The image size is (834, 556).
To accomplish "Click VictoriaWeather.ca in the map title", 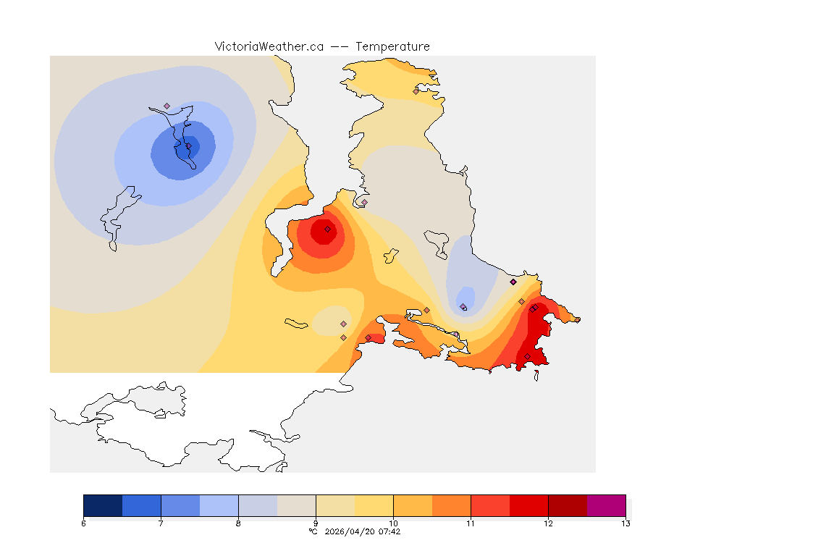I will (269, 46).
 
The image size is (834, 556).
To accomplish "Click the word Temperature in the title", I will (392, 46).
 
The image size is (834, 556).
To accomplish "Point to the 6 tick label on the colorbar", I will (83, 523).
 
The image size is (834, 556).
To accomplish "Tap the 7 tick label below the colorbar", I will (161, 523).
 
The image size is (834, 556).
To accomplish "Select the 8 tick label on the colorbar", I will (238, 523).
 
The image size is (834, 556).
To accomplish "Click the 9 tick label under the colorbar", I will (316, 523).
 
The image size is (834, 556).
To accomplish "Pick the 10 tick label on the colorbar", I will (393, 523).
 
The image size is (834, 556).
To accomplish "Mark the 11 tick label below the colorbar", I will (471, 523).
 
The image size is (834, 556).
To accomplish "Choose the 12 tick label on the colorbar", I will (548, 523).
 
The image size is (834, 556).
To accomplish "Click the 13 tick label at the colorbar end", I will (625, 523).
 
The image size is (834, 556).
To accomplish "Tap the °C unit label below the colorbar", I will (313, 531).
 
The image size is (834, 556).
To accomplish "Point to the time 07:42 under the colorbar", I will (389, 531).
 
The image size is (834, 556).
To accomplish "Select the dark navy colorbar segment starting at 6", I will (103, 505).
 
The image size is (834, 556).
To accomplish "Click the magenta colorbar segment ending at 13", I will (606, 505).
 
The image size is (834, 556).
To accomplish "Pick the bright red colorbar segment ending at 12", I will (528, 505).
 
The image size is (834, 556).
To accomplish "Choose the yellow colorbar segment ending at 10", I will (374, 505).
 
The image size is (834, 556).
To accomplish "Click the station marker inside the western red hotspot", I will (327, 229).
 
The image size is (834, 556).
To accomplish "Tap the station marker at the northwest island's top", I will (167, 106).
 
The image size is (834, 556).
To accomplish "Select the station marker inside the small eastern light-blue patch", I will (463, 307).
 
